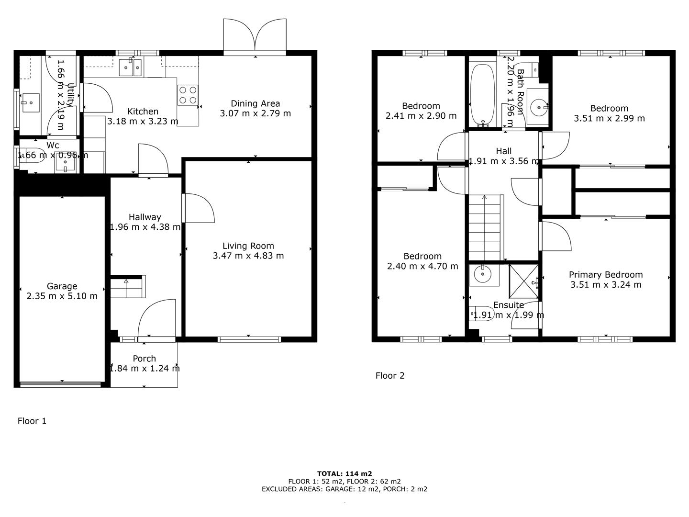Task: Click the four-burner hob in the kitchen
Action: coord(188,95)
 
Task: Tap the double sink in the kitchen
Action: coord(130,67)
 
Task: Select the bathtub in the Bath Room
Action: coord(482,94)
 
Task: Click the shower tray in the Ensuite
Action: coord(523,281)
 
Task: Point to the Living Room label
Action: coord(248,246)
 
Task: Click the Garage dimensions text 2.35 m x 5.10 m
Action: coord(62,296)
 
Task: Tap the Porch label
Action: coord(144,359)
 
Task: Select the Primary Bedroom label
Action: coord(606,275)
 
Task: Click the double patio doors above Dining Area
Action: coord(255,34)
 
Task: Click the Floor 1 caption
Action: coord(32,421)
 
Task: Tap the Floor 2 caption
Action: coord(390,376)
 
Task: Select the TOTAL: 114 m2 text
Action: coord(344,474)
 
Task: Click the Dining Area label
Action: coord(255,103)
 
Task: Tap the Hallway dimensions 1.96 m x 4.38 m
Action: coord(145,227)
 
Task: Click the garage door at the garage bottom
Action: coord(60,384)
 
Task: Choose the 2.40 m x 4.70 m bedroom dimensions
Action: coord(422,266)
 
